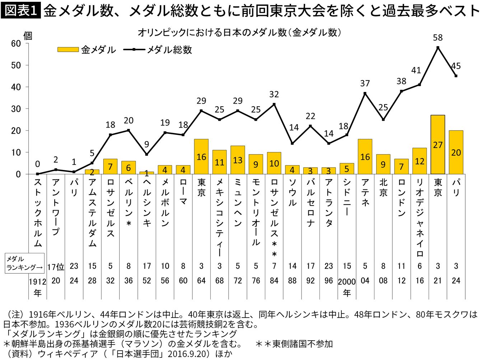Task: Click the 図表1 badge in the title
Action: click(21, 10)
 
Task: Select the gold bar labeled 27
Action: click(438, 144)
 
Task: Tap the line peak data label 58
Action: click(438, 37)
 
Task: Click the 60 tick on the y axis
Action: click(16, 43)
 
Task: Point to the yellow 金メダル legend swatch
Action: click(68, 50)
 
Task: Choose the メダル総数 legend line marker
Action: click(134, 50)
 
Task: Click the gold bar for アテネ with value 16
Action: click(365, 157)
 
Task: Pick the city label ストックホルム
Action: click(38, 213)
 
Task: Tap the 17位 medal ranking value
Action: click(56, 267)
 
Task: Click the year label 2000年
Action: click(347, 286)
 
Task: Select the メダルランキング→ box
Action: click(25, 263)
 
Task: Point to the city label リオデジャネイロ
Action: click(420, 218)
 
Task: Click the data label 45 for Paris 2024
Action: click(456, 66)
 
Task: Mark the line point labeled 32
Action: click(274, 104)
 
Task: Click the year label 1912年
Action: click(38, 286)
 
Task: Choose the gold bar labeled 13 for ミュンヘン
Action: click(238, 160)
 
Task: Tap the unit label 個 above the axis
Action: click(28, 36)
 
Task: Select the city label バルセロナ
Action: click(310, 203)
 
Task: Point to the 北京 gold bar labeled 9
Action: click(383, 164)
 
